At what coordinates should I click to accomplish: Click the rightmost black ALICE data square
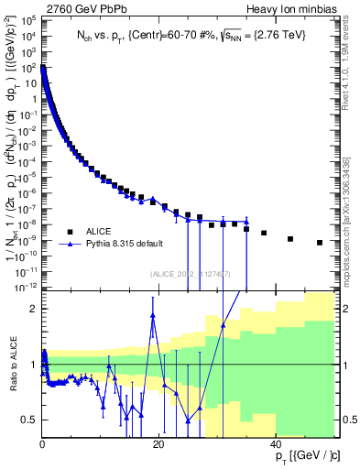point(320,243)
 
